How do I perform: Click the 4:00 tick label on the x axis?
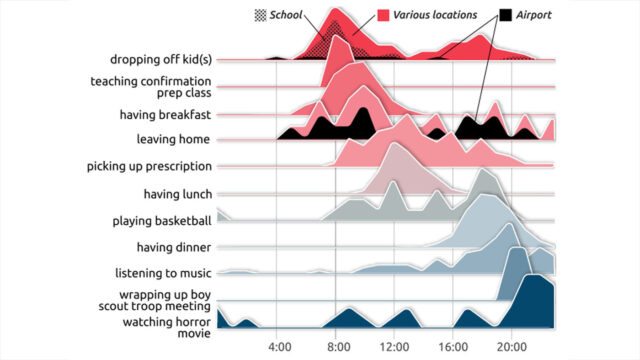[x=280, y=347]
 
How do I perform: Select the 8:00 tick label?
[x=338, y=347]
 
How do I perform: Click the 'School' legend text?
[x=286, y=15]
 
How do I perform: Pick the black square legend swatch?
[x=507, y=15]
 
